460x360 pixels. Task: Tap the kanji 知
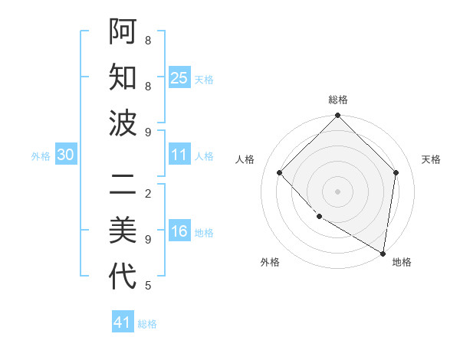click(x=123, y=77)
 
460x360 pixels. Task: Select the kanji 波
click(x=123, y=123)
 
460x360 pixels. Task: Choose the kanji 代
click(x=123, y=276)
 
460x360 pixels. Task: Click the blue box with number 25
click(x=179, y=78)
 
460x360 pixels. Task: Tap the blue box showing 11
click(x=179, y=155)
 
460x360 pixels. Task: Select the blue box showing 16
click(x=179, y=232)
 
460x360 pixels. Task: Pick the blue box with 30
click(x=66, y=155)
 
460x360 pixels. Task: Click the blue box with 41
click(x=123, y=322)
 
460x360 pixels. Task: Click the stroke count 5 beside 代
click(x=148, y=286)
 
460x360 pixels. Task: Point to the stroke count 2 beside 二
click(x=148, y=193)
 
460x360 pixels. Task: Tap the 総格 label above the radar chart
click(x=337, y=100)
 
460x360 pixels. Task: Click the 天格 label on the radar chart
click(x=431, y=159)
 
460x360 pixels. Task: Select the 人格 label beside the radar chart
click(x=245, y=159)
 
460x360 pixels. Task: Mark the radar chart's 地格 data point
click(x=383, y=253)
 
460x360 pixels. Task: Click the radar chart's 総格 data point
click(x=337, y=116)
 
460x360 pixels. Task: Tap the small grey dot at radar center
click(x=337, y=191)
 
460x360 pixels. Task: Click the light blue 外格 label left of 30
click(x=41, y=156)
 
